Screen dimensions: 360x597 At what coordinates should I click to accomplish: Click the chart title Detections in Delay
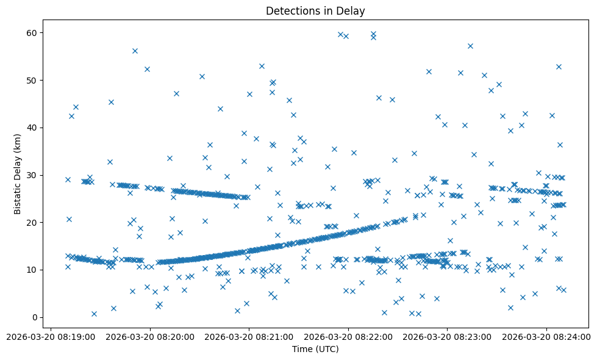(x=315, y=10)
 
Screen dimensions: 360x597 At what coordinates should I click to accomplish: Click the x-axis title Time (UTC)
(x=315, y=349)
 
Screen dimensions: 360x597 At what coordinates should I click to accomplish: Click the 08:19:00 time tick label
(x=51, y=336)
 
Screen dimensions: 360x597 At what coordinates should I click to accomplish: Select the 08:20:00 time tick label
(x=150, y=336)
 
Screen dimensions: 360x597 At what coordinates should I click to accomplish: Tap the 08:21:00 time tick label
(x=249, y=336)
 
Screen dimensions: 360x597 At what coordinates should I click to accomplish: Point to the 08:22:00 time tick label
(x=349, y=336)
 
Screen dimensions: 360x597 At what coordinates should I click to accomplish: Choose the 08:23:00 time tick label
(x=448, y=336)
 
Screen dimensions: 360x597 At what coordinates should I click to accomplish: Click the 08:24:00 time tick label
(x=547, y=336)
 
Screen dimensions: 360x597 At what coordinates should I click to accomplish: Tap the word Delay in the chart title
(x=352, y=10)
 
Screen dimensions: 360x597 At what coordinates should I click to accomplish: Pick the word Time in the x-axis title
(x=302, y=349)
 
